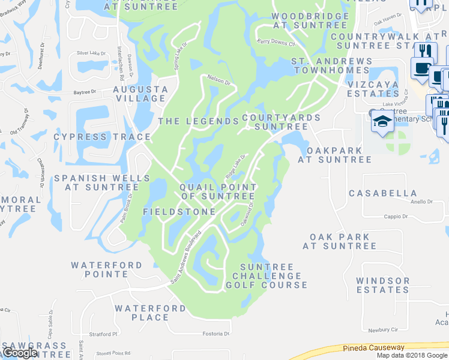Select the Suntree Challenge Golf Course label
(x=267, y=276)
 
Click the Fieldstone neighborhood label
(x=179, y=212)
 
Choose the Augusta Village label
(x=140, y=94)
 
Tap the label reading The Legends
(x=198, y=121)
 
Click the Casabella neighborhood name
(x=383, y=193)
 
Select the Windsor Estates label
(x=382, y=285)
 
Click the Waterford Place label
(x=142, y=313)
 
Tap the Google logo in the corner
(x=20, y=353)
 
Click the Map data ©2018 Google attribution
(x=412, y=355)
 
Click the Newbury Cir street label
(x=383, y=329)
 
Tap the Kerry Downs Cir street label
(x=276, y=43)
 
